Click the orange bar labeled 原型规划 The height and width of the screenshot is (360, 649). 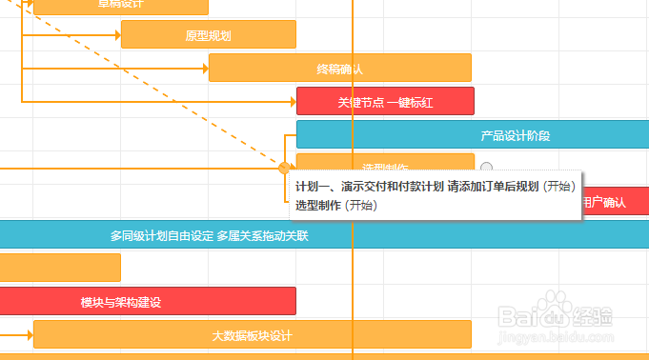coord(208,35)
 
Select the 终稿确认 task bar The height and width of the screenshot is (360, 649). coord(339,69)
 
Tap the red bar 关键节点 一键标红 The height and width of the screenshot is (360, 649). coord(385,102)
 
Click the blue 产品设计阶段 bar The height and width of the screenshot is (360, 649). coord(515,135)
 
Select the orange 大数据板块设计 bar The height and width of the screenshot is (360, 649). coord(252,335)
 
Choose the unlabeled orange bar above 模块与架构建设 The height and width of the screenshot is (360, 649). coord(59,268)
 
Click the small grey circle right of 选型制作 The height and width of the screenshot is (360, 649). coord(486,168)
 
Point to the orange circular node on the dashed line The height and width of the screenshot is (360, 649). coord(283,168)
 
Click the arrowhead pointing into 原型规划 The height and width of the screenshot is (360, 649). coord(115,35)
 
